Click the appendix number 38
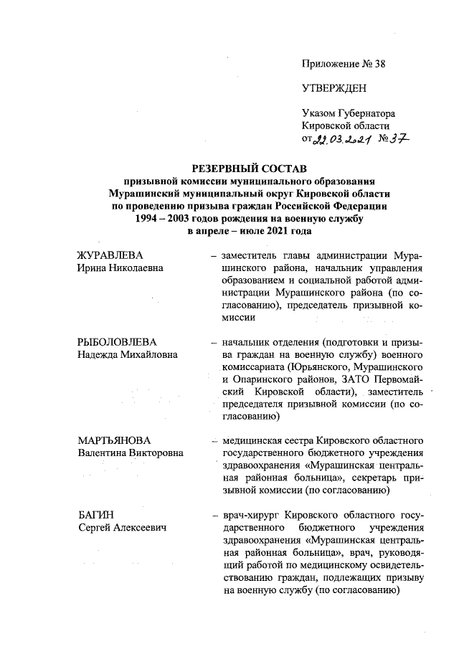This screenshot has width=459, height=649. (379, 64)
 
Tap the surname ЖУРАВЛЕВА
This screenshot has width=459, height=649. (110, 256)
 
